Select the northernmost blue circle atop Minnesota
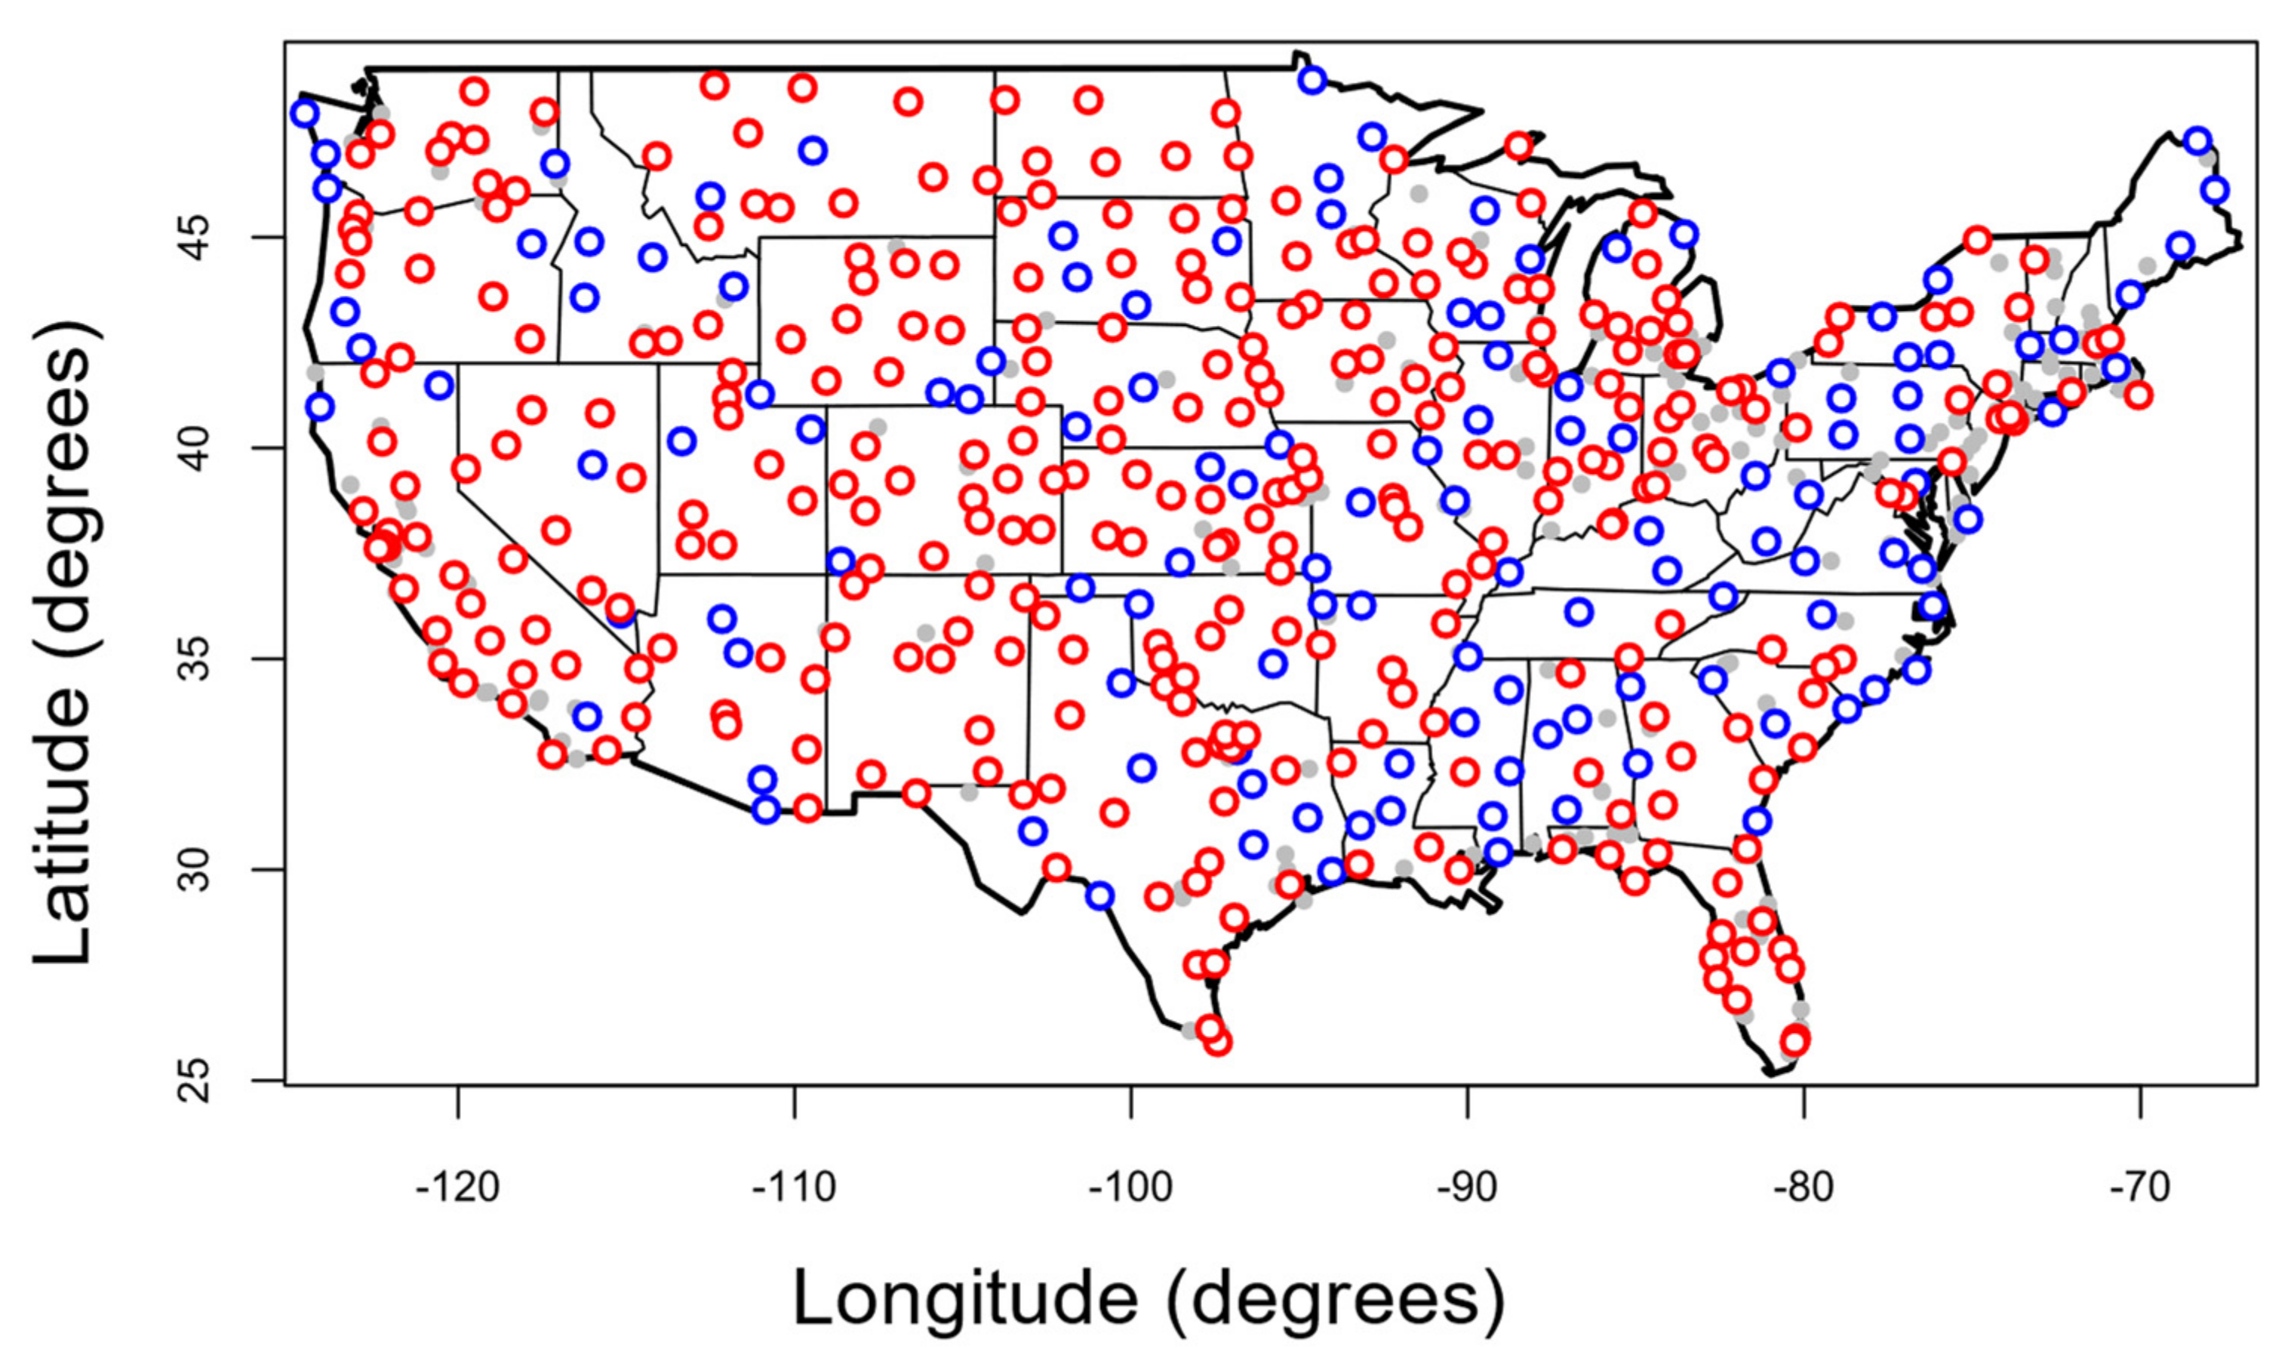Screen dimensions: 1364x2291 click(1312, 80)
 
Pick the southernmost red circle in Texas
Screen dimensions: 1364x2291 click(1218, 1043)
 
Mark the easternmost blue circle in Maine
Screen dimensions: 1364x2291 click(2215, 190)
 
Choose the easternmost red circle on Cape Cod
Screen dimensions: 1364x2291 click(2139, 395)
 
